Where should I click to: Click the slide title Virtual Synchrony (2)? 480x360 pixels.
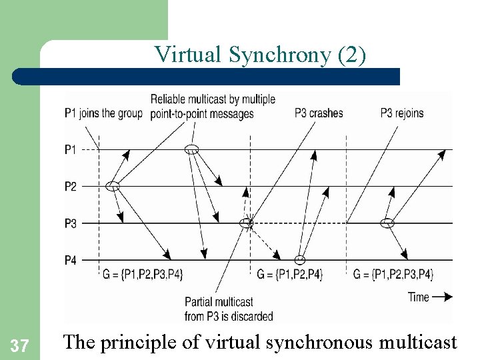pyautogui.click(x=260, y=55)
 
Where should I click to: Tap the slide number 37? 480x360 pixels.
pyautogui.click(x=20, y=345)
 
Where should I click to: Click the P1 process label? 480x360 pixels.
pyautogui.click(x=71, y=149)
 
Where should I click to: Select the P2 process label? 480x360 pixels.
pyautogui.click(x=71, y=186)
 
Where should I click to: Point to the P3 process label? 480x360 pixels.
pyautogui.click(x=71, y=223)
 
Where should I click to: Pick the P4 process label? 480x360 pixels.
pyautogui.click(x=71, y=259)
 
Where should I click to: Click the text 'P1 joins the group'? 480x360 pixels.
pyautogui.click(x=103, y=113)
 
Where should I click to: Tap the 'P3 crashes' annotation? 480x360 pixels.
pyautogui.click(x=319, y=113)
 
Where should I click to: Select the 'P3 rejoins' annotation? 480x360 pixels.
pyautogui.click(x=401, y=113)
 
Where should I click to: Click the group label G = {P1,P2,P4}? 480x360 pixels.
pyautogui.click(x=290, y=274)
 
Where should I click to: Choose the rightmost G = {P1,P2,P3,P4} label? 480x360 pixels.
pyautogui.click(x=393, y=274)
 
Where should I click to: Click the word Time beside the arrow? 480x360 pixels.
pyautogui.click(x=419, y=297)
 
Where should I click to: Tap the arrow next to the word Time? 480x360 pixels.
pyautogui.click(x=441, y=297)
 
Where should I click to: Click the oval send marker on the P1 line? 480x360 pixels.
pyautogui.click(x=192, y=149)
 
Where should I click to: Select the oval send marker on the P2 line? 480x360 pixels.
pyautogui.click(x=113, y=186)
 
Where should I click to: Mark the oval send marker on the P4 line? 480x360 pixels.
pyautogui.click(x=300, y=259)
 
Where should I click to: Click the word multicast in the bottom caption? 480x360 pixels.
pyautogui.click(x=417, y=343)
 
